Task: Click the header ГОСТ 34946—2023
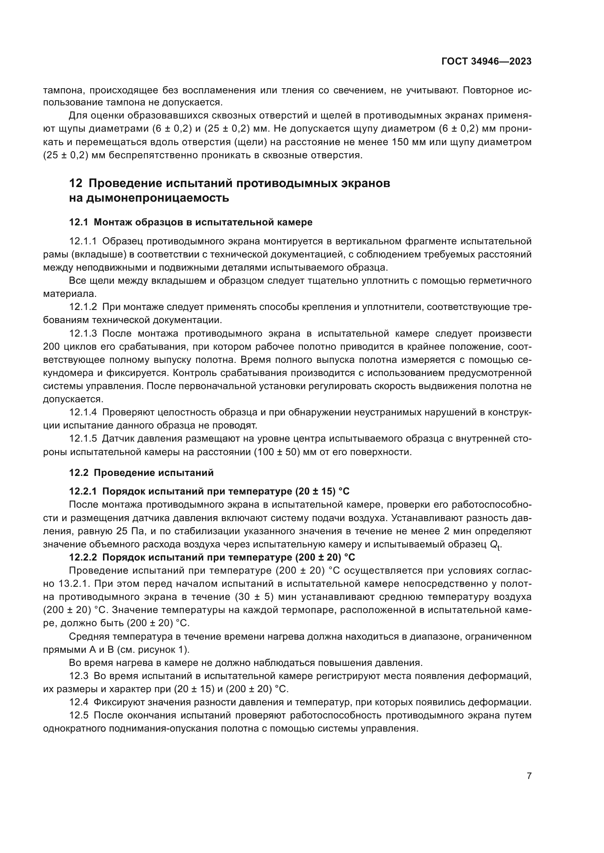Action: (486, 61)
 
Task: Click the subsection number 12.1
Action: (79, 222)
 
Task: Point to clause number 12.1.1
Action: (83, 241)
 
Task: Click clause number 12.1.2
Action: (83, 307)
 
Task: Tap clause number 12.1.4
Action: (83, 412)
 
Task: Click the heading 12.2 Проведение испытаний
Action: (141, 473)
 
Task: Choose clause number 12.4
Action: (79, 702)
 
